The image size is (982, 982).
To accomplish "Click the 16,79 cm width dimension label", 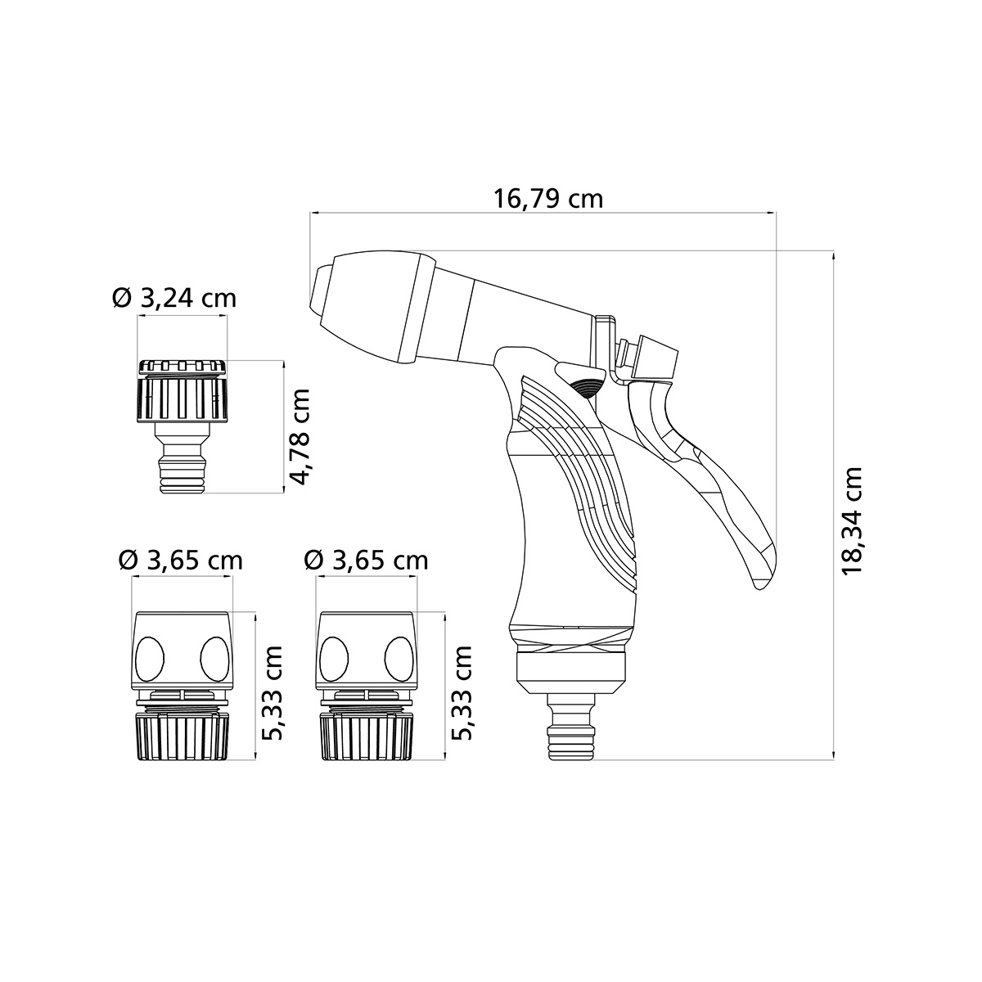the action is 547,199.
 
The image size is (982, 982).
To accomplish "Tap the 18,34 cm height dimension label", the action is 853,520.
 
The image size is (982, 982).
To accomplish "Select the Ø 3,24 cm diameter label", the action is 174,298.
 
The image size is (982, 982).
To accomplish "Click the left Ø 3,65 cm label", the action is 180,561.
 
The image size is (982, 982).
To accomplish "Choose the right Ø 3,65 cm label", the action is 366,561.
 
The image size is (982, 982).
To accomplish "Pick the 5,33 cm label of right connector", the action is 462,692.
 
